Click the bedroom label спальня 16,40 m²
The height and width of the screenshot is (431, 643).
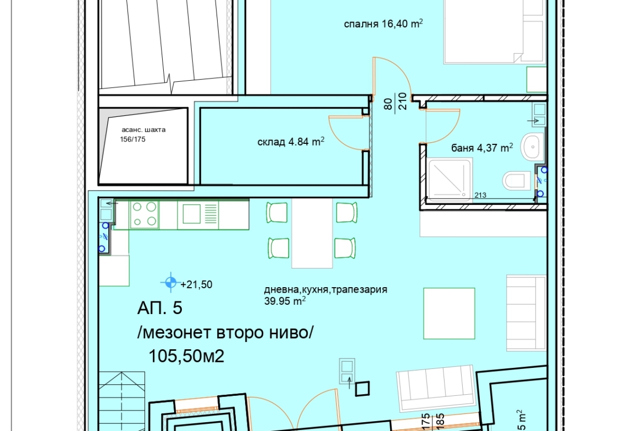tap(383, 24)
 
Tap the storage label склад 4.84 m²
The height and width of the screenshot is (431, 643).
tap(291, 142)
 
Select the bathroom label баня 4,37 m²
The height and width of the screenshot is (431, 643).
tap(482, 148)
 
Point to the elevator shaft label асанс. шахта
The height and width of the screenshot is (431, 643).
tap(143, 130)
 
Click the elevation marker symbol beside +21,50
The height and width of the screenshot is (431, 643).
tap(170, 282)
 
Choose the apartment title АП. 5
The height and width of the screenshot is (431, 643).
tap(159, 307)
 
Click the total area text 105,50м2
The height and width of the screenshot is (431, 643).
tap(186, 356)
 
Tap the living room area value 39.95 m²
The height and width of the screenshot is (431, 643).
tap(285, 301)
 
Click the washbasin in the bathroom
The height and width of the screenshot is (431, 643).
tap(532, 147)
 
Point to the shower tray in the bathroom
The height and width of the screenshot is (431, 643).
tap(450, 180)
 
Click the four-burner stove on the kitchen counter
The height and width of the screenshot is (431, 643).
tap(145, 215)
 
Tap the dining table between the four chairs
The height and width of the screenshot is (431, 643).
tap(312, 233)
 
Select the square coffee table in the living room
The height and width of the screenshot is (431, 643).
tap(449, 314)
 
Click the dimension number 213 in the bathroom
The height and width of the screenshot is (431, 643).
tap(480, 195)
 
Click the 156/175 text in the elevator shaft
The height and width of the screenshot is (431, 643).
tap(132, 139)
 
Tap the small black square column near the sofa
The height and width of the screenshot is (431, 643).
tap(362, 388)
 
